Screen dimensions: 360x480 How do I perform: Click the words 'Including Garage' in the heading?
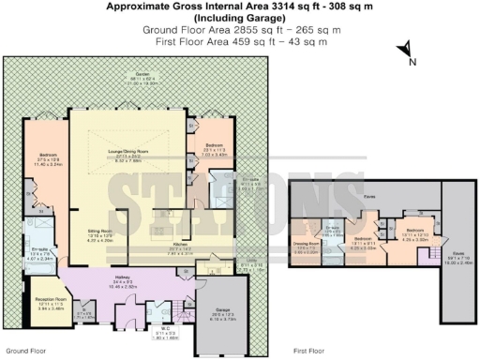point(240,18)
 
